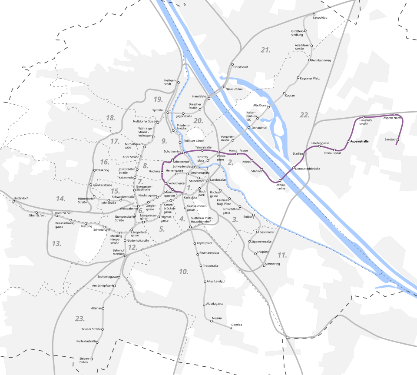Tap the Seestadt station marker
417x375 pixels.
[397, 139]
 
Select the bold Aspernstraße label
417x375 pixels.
[360, 142]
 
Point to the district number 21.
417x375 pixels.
[266, 50]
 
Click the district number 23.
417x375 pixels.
[79, 319]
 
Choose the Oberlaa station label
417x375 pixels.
[237, 325]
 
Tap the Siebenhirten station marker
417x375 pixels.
[92, 359]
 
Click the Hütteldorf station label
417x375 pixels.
[20, 198]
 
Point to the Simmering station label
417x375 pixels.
[272, 264]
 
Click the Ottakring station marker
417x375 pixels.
[94, 170]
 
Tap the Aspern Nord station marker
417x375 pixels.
[394, 115]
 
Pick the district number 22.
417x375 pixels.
[304, 115]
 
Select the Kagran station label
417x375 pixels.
[290, 95]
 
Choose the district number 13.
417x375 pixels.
[56, 243]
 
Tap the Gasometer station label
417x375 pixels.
[268, 232]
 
